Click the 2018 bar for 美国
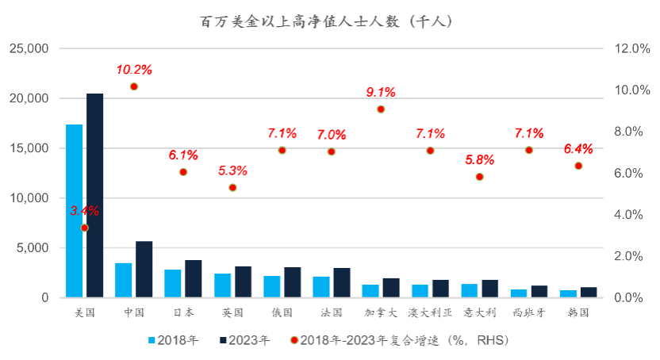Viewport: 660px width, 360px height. [75, 211]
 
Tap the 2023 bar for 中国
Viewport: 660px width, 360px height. [144, 269]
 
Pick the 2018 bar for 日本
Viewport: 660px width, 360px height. [173, 283]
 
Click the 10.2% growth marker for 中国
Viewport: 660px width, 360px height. [134, 86]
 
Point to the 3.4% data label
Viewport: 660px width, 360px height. [84, 211]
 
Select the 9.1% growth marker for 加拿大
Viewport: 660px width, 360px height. [381, 109]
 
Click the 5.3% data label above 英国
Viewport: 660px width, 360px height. [232, 170]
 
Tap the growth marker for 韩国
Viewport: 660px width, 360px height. [578, 166]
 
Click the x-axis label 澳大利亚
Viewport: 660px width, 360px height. [430, 312]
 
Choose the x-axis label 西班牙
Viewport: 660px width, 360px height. [529, 312]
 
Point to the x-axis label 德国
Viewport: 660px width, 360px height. [282, 312]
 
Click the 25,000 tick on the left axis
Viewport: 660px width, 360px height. [29, 49]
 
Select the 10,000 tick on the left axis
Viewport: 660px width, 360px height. [29, 198]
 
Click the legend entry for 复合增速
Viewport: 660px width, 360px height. [397, 340]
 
